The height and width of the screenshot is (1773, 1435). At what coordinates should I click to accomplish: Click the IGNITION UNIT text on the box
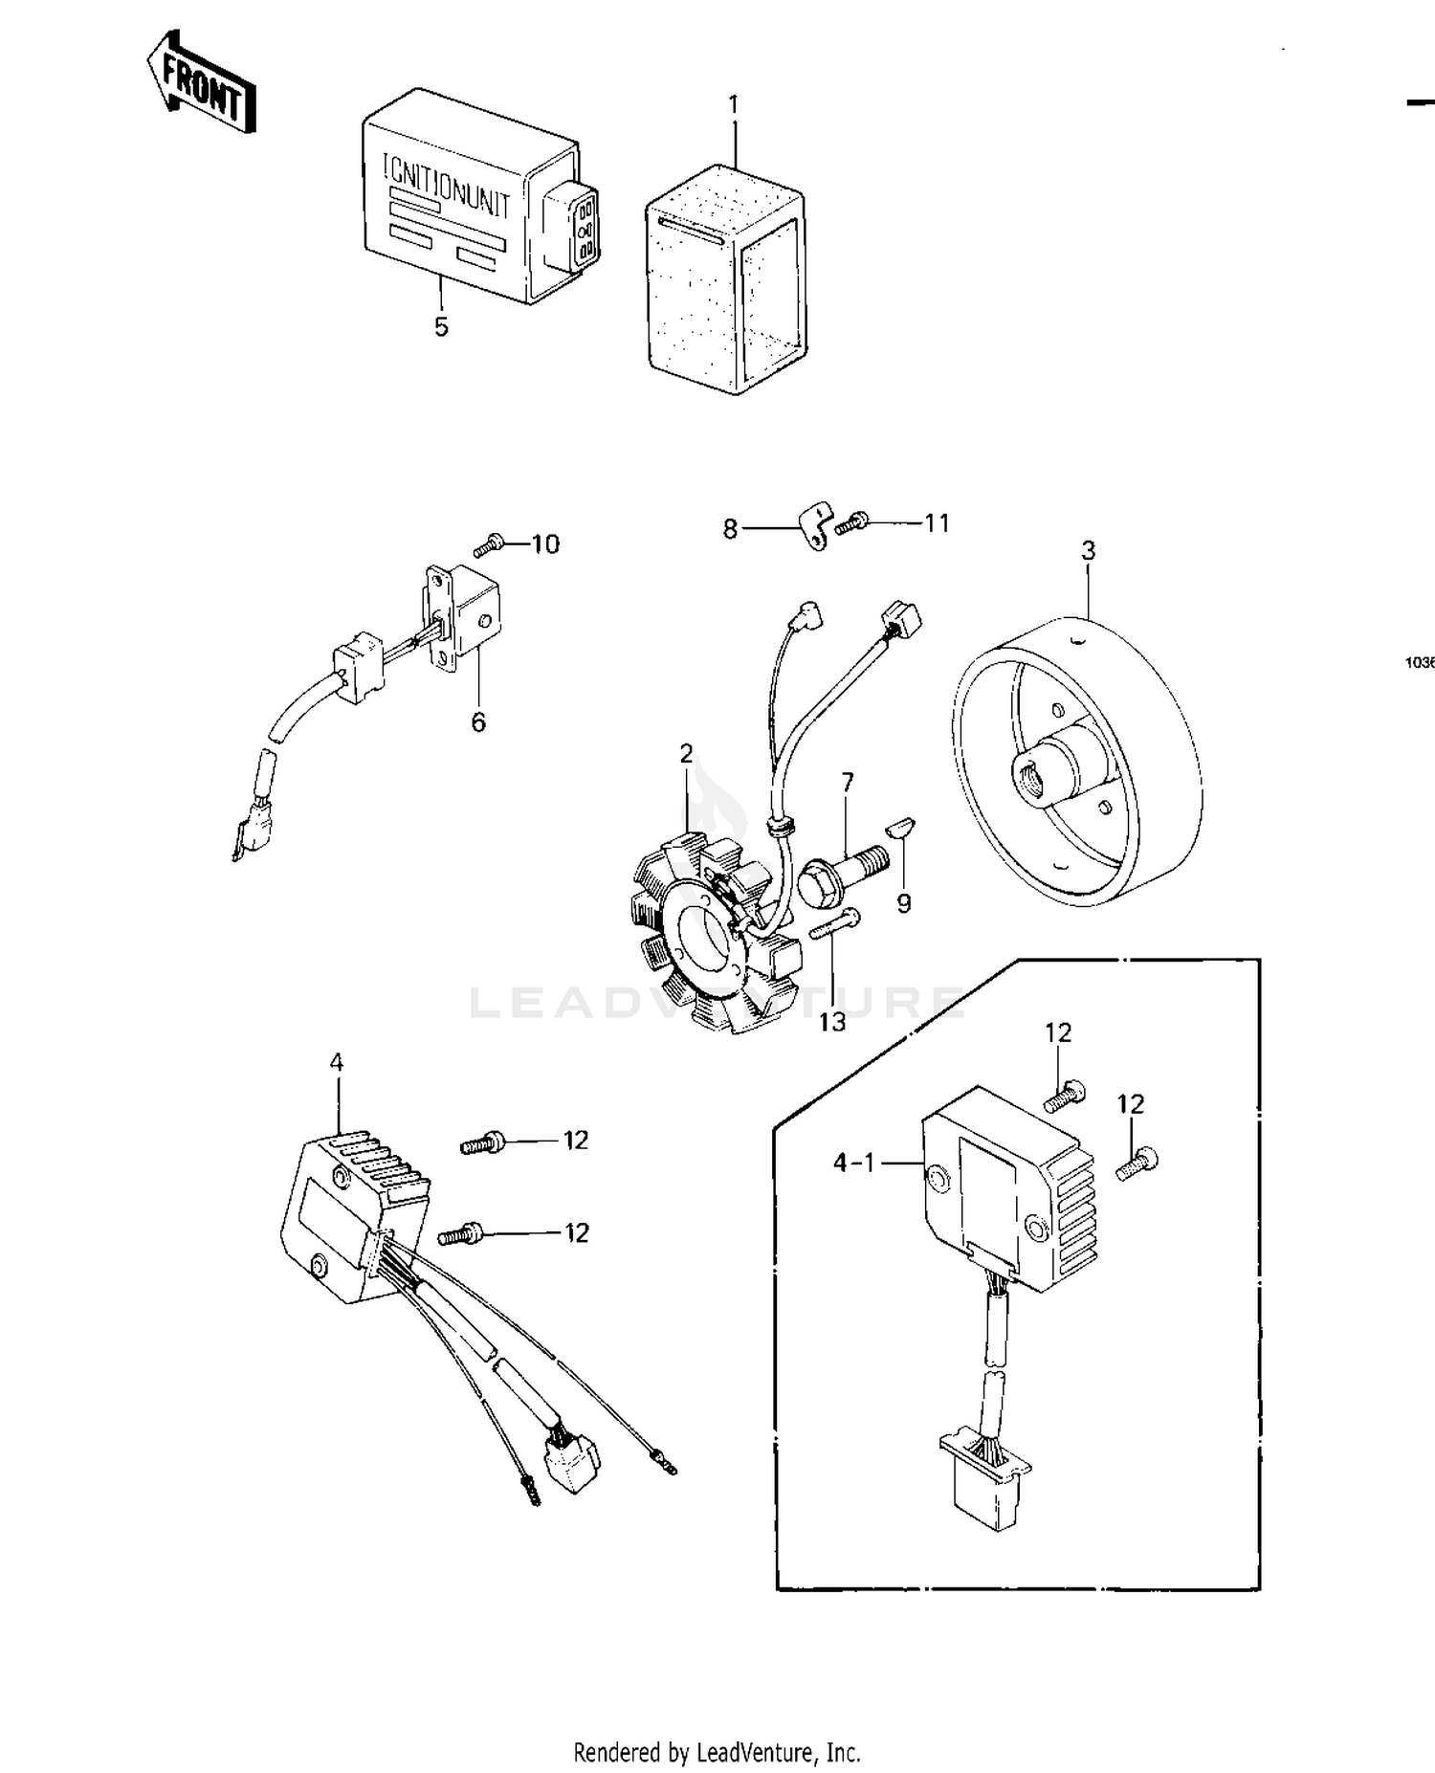click(x=446, y=186)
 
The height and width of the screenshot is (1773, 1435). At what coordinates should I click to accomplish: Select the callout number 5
click(x=441, y=327)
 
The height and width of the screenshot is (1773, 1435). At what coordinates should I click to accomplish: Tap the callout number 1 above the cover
click(x=734, y=104)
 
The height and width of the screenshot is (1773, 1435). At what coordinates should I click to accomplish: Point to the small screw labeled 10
click(x=488, y=546)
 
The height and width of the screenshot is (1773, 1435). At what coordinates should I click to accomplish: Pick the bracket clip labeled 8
click(x=813, y=526)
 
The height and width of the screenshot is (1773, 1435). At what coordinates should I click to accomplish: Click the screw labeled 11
click(x=851, y=522)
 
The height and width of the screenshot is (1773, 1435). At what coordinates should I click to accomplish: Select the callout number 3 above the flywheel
click(x=1089, y=551)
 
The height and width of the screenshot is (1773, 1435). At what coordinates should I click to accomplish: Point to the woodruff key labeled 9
click(x=901, y=827)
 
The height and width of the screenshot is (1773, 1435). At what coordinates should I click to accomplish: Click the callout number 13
click(x=831, y=1022)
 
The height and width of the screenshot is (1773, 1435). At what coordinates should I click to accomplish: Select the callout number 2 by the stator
click(x=686, y=754)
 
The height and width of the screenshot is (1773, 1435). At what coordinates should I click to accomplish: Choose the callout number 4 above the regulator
click(x=336, y=1062)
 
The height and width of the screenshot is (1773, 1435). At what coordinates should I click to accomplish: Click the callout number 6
click(x=478, y=722)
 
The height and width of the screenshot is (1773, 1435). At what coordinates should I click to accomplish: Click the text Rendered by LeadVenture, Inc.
click(x=717, y=1753)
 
